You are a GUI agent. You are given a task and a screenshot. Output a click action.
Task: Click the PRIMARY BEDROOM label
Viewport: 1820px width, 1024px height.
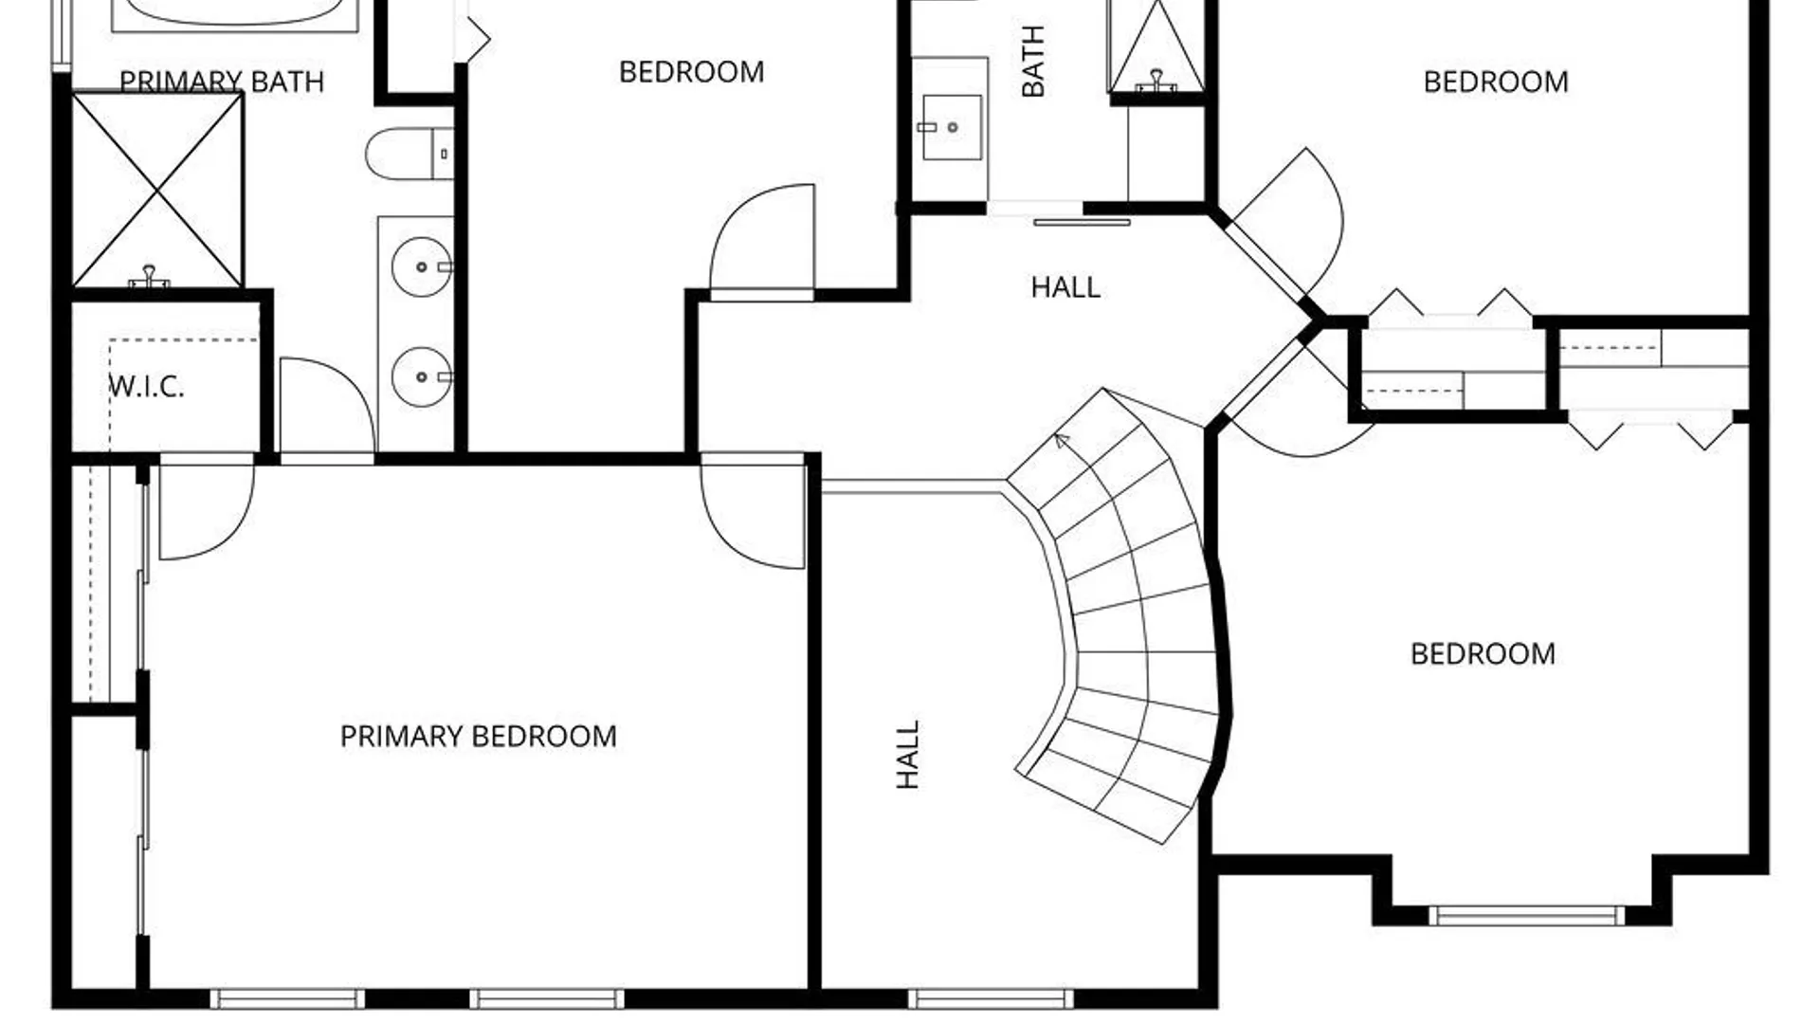tap(478, 737)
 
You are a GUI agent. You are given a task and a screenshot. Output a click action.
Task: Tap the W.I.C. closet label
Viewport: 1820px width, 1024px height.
tap(146, 387)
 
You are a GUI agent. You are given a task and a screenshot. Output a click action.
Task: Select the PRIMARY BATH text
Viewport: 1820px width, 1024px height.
tap(222, 82)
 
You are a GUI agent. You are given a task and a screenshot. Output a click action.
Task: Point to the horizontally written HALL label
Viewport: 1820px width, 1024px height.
tap(1065, 287)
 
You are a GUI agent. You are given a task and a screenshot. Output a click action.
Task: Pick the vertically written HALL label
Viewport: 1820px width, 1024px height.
tap(908, 755)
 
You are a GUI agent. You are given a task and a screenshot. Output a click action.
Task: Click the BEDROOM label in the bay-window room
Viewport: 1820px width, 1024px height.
tap(1483, 654)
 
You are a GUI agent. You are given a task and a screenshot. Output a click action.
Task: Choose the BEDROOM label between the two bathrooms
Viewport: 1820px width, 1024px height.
tap(691, 72)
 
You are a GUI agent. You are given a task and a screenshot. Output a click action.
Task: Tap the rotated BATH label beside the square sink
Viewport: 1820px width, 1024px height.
tap(1033, 62)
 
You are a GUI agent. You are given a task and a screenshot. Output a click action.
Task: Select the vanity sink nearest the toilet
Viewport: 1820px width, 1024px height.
tap(422, 267)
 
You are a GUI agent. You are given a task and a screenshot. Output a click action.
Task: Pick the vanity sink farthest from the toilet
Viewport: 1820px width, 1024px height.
tap(422, 377)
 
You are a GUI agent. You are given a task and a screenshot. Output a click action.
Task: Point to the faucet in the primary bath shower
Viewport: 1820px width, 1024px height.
tap(149, 276)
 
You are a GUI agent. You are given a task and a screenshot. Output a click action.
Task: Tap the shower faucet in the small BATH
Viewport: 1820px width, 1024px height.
tap(1156, 81)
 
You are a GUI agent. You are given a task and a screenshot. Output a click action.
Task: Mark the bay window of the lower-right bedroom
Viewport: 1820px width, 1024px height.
tap(1526, 916)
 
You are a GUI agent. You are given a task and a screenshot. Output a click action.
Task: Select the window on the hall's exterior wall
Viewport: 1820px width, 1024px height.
tap(991, 998)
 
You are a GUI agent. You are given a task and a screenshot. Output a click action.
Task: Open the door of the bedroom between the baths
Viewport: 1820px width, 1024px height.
tap(762, 243)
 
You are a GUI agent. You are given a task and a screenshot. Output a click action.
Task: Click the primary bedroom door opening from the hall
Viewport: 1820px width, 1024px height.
tap(753, 512)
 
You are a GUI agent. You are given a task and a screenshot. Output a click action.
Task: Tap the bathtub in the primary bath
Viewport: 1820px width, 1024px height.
tap(234, 14)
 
